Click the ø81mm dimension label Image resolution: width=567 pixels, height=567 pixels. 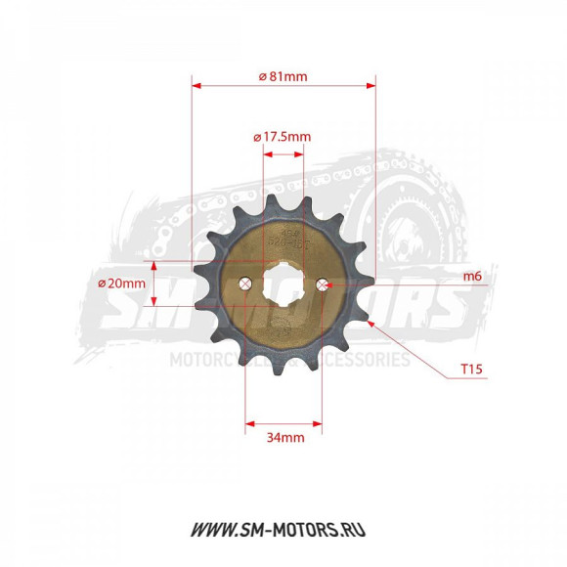point(283,76)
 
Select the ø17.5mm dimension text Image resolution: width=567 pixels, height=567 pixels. point(283,136)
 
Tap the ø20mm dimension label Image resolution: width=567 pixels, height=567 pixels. point(121,283)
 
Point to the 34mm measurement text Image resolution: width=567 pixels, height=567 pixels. point(284,437)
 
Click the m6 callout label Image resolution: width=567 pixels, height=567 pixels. point(472,277)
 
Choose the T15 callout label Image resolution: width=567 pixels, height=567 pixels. point(472,371)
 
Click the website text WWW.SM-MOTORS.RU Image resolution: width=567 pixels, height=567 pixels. point(283,529)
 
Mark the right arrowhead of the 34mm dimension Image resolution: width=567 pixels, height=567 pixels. point(319,423)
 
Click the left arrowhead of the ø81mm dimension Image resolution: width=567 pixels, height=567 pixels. point(196,86)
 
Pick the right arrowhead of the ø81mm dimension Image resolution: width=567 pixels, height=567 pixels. point(371,86)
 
